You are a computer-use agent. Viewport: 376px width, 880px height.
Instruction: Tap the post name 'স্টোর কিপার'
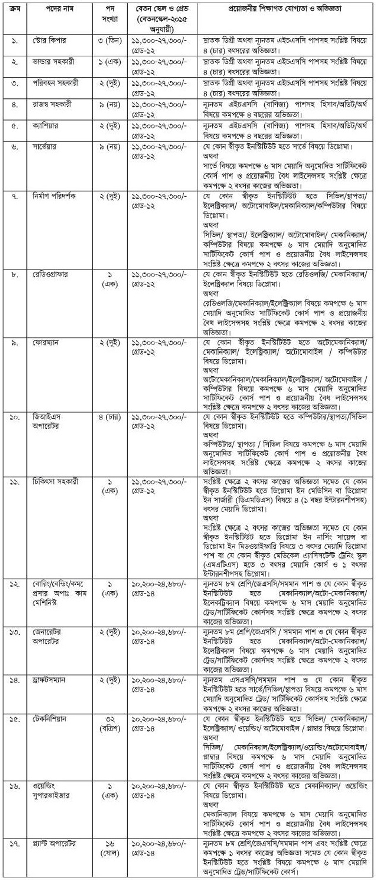tap(47, 39)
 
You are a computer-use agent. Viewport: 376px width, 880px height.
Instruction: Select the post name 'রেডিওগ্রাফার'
tap(50, 274)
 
